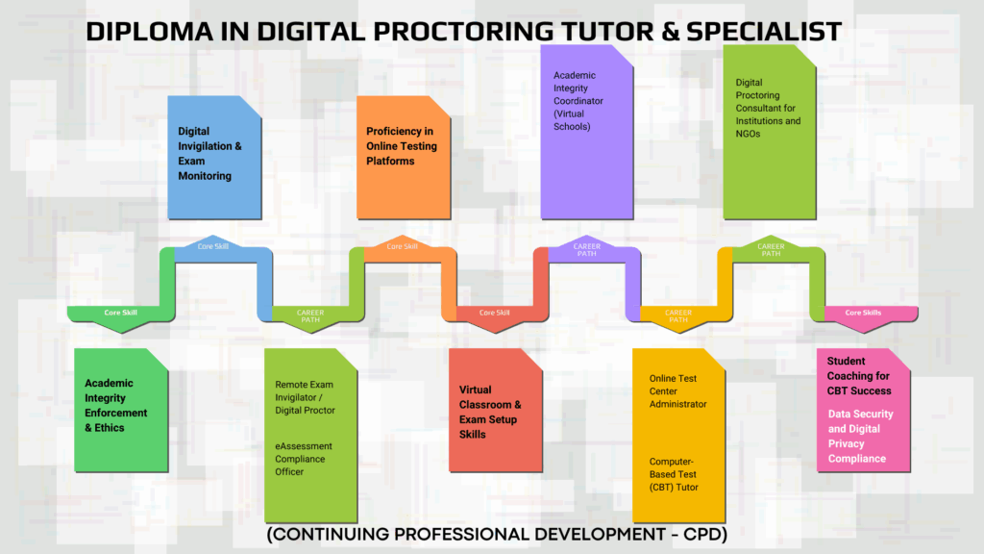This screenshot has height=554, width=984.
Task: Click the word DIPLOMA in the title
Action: tap(149, 32)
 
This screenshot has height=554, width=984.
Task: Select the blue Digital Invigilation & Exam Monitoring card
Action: tap(214, 158)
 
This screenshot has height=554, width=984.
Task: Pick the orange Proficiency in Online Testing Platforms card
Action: tap(404, 158)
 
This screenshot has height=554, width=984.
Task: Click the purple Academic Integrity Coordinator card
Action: tap(587, 132)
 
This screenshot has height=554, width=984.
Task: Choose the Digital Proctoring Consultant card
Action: tap(770, 132)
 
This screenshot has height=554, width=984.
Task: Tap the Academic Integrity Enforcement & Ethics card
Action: tap(121, 410)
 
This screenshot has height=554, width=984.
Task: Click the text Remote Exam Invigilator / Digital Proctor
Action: tap(305, 397)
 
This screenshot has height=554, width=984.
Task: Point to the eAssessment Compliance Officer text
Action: tap(303, 459)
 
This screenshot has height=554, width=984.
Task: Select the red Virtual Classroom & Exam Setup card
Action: tap(496, 410)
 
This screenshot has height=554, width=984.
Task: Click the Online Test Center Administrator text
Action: tap(677, 391)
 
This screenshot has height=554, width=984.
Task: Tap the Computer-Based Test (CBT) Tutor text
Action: tap(674, 474)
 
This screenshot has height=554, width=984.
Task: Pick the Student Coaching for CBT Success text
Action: tap(858, 376)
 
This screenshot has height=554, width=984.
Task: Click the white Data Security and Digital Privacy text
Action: tap(860, 436)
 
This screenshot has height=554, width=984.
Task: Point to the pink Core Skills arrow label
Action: tap(863, 313)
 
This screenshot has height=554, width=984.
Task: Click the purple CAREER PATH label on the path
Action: tap(587, 250)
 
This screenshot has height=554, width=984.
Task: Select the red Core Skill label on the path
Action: tap(495, 313)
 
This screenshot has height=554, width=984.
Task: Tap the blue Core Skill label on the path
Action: tap(212, 246)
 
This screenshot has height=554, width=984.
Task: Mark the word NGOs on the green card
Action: tap(748, 134)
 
